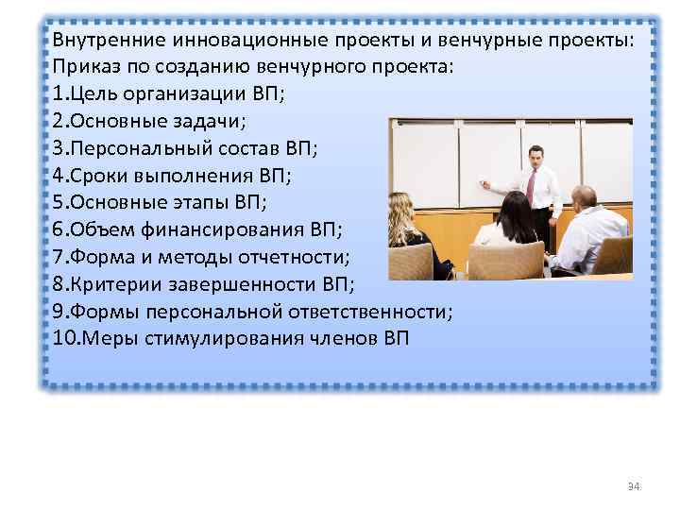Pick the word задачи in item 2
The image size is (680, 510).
[213, 121]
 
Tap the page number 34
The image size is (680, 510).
[634, 486]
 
